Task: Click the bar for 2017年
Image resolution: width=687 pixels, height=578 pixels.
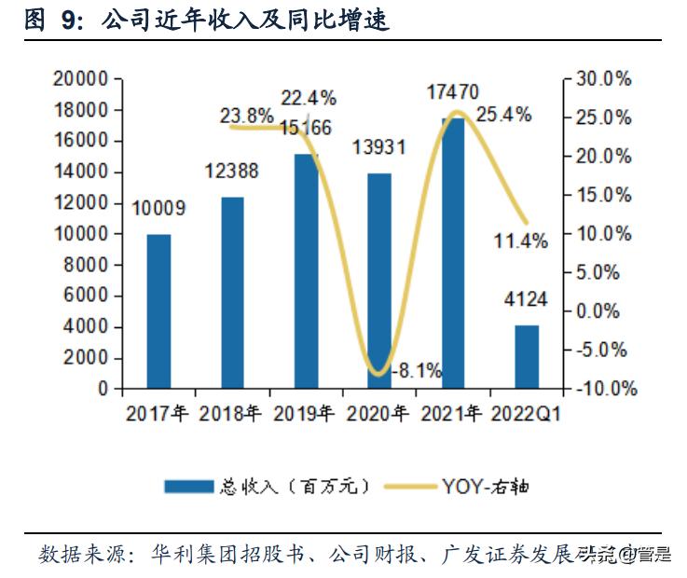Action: [x=158, y=311]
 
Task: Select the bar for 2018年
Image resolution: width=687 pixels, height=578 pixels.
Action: [x=232, y=293]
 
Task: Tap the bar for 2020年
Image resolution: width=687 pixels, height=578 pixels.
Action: [x=379, y=280]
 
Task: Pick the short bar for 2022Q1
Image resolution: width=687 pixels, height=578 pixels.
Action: [x=527, y=356]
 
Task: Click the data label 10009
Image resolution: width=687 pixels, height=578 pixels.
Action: [x=158, y=209]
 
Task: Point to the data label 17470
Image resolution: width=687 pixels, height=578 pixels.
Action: [x=452, y=91]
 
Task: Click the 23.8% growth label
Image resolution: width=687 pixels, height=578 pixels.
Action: [x=247, y=117]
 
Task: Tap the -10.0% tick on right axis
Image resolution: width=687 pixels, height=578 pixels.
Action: [x=604, y=389]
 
